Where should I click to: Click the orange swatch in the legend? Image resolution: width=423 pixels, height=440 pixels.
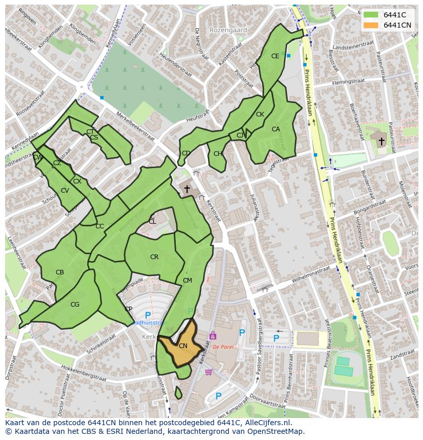pyautogui.click(x=371, y=25)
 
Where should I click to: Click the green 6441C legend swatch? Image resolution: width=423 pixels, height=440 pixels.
pyautogui.click(x=371, y=14)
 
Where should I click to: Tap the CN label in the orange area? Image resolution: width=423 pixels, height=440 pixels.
pyautogui.click(x=183, y=346)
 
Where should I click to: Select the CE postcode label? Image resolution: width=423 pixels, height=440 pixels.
pyautogui.click(x=275, y=56)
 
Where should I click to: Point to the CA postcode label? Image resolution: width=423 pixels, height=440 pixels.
pyautogui.click(x=276, y=129)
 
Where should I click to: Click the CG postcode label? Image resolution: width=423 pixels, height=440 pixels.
pyautogui.click(x=75, y=305)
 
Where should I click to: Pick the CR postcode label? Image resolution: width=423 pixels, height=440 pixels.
pyautogui.click(x=154, y=257)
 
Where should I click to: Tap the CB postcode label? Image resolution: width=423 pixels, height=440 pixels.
pyautogui.click(x=60, y=272)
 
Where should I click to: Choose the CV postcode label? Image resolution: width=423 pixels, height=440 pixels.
pyautogui.click(x=65, y=191)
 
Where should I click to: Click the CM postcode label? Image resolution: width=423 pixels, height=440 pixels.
pyautogui.click(x=187, y=281)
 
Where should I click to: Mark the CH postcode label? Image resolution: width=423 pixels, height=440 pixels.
pyautogui.click(x=218, y=154)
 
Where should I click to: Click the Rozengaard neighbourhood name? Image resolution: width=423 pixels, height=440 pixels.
pyautogui.click(x=228, y=30)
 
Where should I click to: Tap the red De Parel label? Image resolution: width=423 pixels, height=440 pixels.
pyautogui.click(x=223, y=346)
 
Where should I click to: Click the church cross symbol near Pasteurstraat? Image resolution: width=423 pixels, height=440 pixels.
pyautogui.click(x=382, y=141)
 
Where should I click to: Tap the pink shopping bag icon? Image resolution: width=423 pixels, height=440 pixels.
pyautogui.click(x=213, y=336)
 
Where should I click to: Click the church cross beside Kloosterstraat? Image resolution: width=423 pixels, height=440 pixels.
pyautogui.click(x=187, y=189)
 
